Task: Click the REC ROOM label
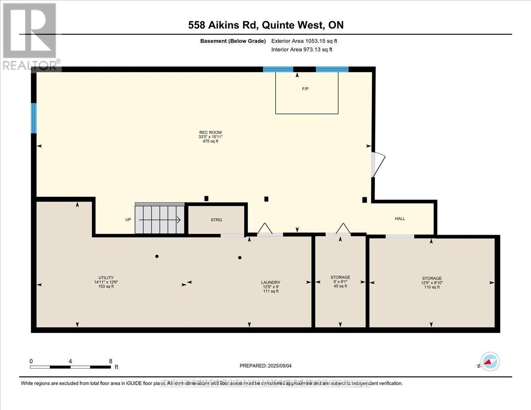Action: coord(210,132)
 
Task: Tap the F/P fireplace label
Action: coord(305,89)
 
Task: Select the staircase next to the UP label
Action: coord(160,218)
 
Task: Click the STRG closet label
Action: coord(216,220)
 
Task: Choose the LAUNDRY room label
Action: coord(270,282)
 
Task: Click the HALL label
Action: coord(400,218)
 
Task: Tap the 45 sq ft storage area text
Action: coord(340,286)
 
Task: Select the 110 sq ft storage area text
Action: coord(431,287)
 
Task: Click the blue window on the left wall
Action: coord(33,118)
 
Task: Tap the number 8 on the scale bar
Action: coord(110,361)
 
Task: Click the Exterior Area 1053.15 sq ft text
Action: coord(307,41)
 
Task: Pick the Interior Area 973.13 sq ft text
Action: coord(302,50)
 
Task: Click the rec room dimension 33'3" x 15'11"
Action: coord(210,137)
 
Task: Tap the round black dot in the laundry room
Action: coord(240,257)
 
